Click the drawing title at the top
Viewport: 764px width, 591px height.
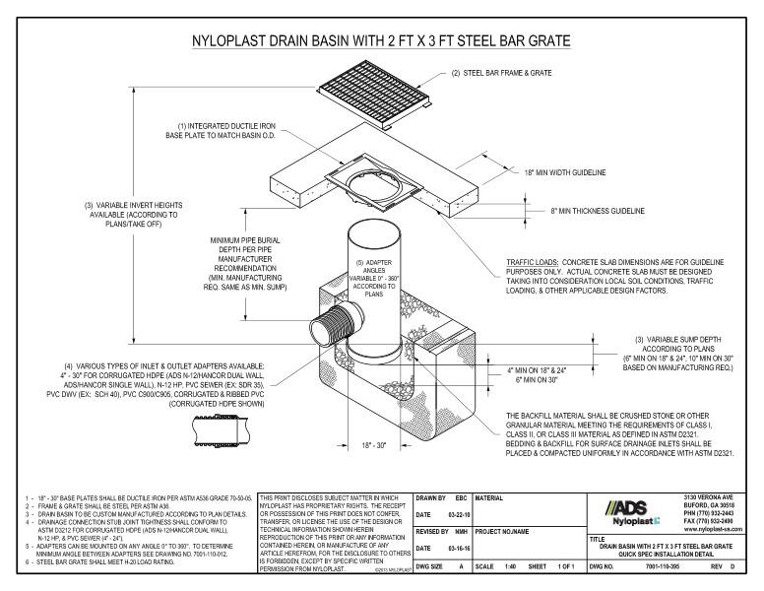pos(382,42)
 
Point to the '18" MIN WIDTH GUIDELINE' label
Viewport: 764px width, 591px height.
pos(578,172)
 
